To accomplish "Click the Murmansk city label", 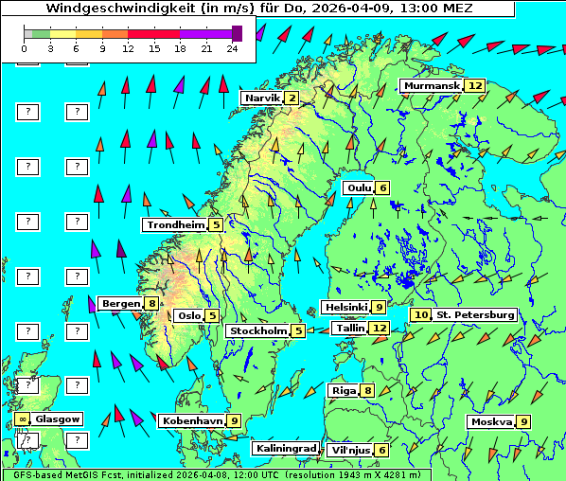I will coord(432,86).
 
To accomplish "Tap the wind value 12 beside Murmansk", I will coord(475,86).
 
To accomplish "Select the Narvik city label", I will coord(262,98).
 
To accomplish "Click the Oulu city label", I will coord(358,187).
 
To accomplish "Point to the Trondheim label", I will coord(175,225).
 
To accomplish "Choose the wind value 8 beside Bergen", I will coord(151,304).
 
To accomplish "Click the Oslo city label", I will coord(188,316).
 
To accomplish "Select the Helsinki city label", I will coord(345,308).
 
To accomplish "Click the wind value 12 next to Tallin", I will coord(380,328).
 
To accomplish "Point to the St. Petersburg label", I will coord(474,314).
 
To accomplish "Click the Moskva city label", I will coord(491,422).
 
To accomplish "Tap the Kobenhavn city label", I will coord(192,421).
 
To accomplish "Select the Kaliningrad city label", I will coord(286,449).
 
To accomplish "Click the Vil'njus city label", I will coord(349,450).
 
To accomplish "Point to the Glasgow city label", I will coord(58,419).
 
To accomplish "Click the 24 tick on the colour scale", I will coord(232,47).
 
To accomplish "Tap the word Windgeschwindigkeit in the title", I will coord(115,9).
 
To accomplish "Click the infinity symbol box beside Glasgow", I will coord(21,419).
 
